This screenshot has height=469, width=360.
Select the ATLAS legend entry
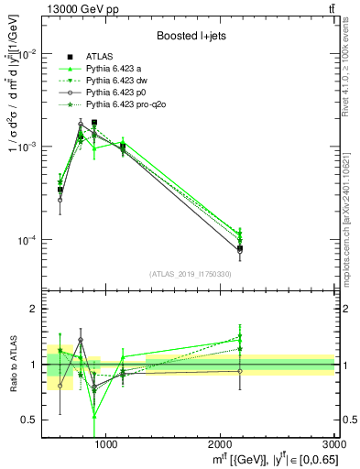pyautogui.click(x=99, y=56)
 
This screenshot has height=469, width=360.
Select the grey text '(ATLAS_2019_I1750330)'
pyautogui.click(x=189, y=274)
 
